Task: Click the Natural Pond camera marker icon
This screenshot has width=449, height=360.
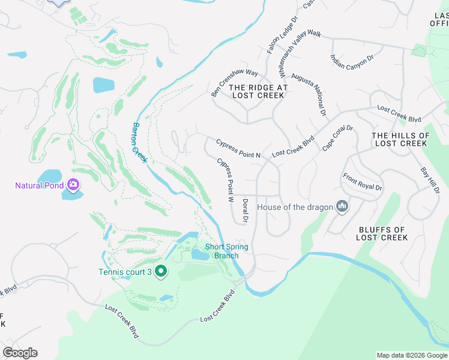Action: point(73,185)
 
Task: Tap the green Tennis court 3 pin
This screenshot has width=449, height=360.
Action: point(160,271)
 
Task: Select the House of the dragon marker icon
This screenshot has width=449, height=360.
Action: point(342,207)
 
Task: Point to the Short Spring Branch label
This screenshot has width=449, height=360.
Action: point(226,251)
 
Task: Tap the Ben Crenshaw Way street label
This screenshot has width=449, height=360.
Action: point(234,83)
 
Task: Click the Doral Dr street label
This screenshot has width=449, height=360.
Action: point(245,211)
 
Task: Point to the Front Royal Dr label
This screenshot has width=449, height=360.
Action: point(362,182)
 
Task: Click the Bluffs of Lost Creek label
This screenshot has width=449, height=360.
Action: point(382,233)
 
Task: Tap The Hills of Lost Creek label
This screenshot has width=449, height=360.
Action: point(400,139)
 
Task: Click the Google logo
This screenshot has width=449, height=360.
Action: point(20,353)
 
